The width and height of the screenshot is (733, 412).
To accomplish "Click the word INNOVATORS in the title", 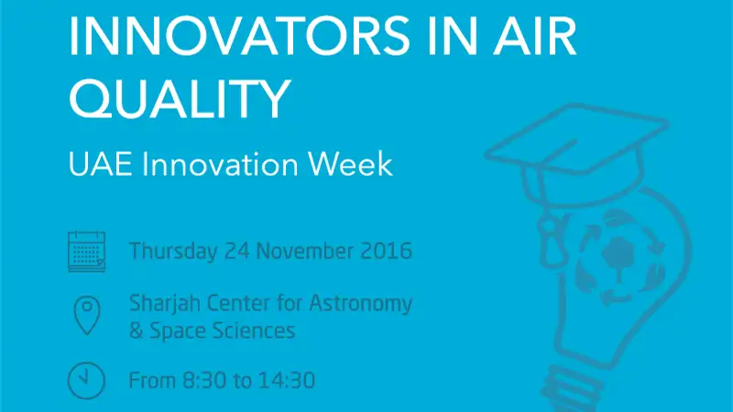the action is pyautogui.click(x=239, y=37).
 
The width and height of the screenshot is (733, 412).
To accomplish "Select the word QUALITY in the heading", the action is pyautogui.click(x=180, y=99).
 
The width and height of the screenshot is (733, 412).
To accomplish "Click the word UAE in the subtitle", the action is pyautogui.click(x=100, y=164).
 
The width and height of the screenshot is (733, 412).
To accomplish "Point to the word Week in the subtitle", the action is pyautogui.click(x=350, y=164).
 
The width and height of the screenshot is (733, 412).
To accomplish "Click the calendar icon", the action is pyautogui.click(x=87, y=251).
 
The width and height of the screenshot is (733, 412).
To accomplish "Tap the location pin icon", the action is pyautogui.click(x=87, y=315).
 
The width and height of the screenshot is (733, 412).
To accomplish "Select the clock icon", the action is pyautogui.click(x=86, y=381).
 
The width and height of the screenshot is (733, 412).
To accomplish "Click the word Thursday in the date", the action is pyautogui.click(x=173, y=251).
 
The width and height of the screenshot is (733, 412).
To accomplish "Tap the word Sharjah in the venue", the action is pyautogui.click(x=165, y=304).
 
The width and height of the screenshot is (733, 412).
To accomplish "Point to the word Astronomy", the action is pyautogui.click(x=360, y=304).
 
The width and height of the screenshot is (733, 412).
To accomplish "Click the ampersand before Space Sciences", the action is pyautogui.click(x=136, y=331).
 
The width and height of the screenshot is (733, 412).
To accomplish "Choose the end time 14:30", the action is pyautogui.click(x=287, y=381).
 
